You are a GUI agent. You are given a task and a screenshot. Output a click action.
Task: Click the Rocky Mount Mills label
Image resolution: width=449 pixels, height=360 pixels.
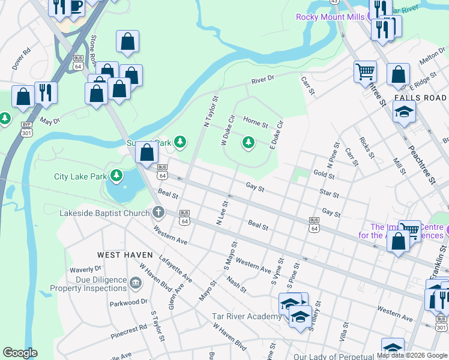click(x=330, y=17)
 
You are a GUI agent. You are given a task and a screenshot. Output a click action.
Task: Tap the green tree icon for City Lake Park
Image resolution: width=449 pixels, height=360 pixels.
click(x=116, y=176)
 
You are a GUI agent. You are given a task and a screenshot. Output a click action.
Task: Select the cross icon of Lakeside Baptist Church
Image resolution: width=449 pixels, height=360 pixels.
click(x=158, y=212)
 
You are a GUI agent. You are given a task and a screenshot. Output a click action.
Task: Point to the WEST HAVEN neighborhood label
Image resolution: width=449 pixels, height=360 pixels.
click(x=125, y=255)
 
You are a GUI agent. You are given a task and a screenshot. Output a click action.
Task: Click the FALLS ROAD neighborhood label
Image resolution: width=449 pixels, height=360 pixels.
click(x=420, y=98)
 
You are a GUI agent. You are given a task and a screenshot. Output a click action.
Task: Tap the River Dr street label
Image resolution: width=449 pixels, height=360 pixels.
click(x=262, y=79)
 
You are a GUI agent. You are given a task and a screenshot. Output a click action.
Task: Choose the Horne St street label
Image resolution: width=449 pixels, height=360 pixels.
click(x=256, y=124)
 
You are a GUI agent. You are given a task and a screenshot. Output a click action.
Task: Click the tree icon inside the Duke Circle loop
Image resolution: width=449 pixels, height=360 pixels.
click(x=247, y=142)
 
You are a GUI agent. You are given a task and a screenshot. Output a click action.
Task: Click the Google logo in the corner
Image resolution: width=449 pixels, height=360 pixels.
click(x=20, y=353)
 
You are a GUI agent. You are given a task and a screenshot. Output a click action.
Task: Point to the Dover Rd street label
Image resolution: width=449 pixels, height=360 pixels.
click(x=21, y=59)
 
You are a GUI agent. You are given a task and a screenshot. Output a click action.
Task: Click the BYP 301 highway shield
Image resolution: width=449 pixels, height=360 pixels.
click(x=26, y=128)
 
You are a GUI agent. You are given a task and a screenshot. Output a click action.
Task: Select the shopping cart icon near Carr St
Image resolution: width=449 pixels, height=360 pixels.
click(x=365, y=72)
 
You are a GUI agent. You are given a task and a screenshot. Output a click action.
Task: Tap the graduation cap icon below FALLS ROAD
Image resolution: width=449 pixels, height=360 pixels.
click(x=404, y=112)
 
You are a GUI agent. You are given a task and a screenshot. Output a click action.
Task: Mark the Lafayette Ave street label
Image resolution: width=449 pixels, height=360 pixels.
click(x=175, y=268)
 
